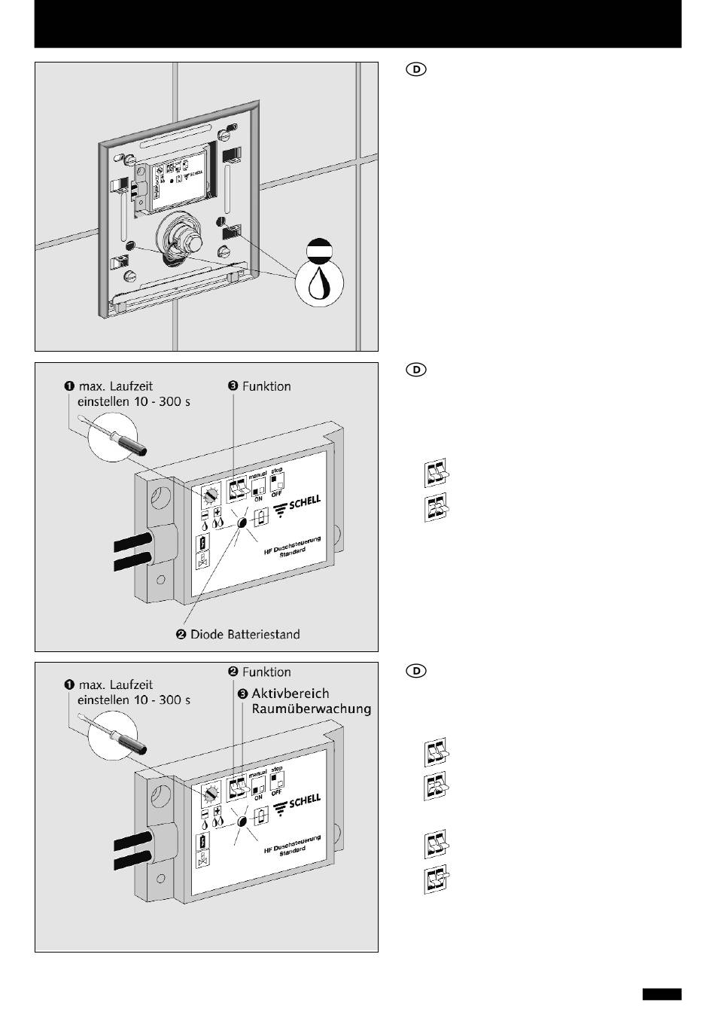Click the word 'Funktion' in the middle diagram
pos(266,386)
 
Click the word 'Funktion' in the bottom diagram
pos(266,672)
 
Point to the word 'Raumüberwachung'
pos(312,709)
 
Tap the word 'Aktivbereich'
pos(290,693)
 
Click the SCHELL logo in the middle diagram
pos(300,504)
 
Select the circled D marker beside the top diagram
pos(416,70)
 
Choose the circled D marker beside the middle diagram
pos(416,370)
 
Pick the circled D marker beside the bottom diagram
pos(416,670)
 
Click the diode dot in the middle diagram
pos(242,523)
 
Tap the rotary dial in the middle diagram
pos(210,495)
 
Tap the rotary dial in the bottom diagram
pos(210,794)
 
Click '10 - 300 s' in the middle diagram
pos(163,401)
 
